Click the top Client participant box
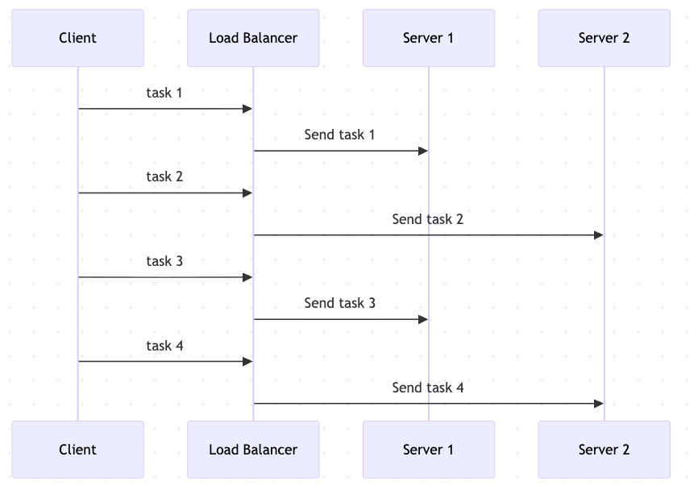coord(77,38)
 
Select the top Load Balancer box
coord(253,38)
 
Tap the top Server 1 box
coord(428,38)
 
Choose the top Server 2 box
coord(604,38)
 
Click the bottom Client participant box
coord(77,450)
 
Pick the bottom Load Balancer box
coord(253,450)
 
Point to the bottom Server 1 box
coord(428,450)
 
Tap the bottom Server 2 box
coord(604,450)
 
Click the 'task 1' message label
coord(164,93)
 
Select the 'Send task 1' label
coord(339,135)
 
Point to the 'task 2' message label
coord(164,176)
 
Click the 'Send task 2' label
coord(427,219)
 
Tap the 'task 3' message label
coord(164,261)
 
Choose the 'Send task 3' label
coord(339,303)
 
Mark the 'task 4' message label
coord(164,346)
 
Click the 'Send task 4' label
coord(427,388)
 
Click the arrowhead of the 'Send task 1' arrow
coord(422,151)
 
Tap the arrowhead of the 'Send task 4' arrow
coord(598,404)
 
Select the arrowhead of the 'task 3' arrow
coord(247,277)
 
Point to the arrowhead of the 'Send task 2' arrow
coord(598,235)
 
